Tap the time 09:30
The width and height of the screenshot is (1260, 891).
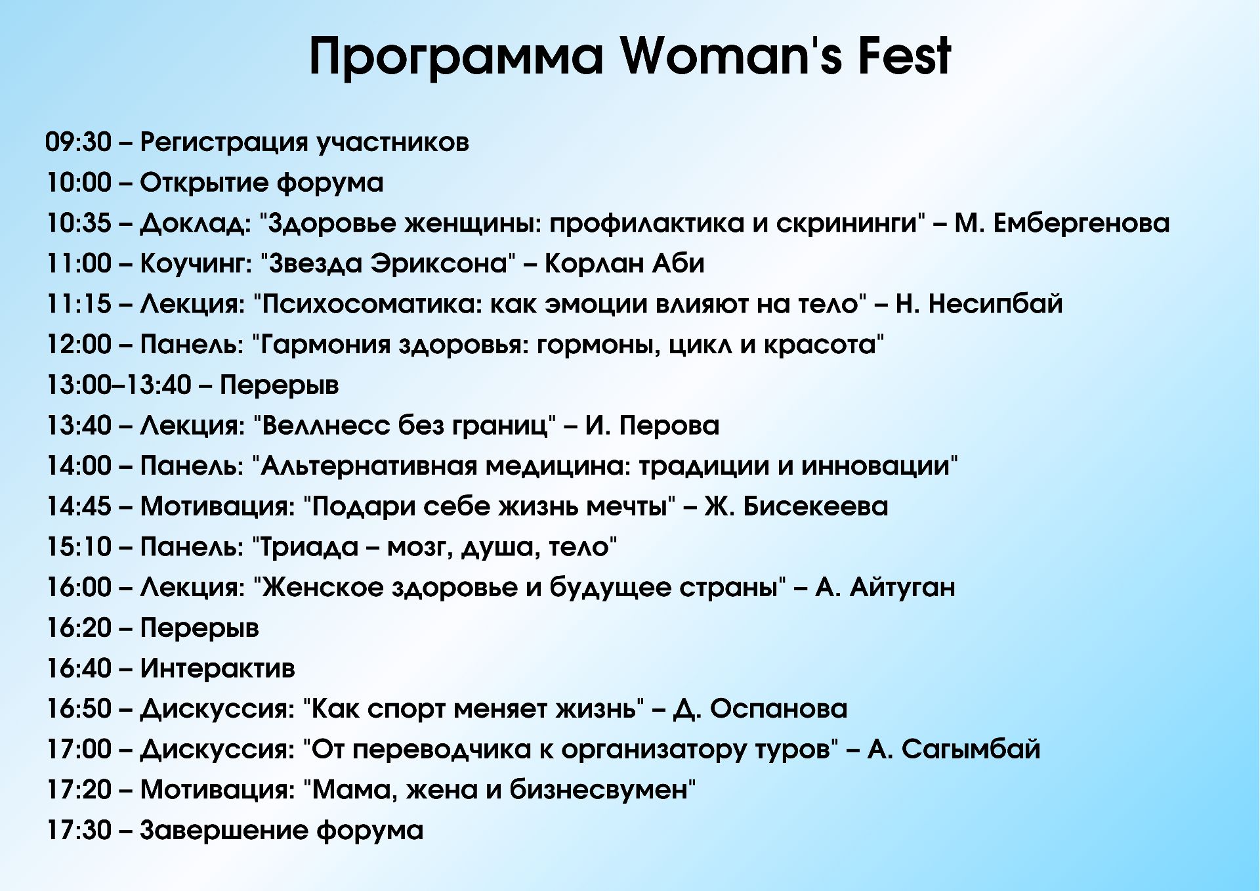click(x=79, y=142)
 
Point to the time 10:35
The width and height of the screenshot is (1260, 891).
click(x=79, y=223)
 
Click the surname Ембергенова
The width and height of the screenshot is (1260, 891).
click(x=1081, y=223)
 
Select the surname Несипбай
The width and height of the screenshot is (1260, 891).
click(x=996, y=304)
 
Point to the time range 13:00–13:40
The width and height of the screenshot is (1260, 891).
click(x=119, y=385)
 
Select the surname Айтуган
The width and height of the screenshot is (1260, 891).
click(x=902, y=588)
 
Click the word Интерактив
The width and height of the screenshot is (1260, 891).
click(x=217, y=668)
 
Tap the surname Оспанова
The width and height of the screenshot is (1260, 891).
click(x=779, y=709)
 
